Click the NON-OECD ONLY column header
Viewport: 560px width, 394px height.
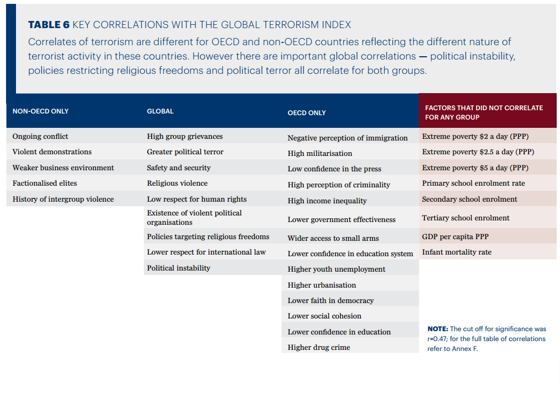click(x=41, y=111)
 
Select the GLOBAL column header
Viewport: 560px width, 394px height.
click(x=160, y=111)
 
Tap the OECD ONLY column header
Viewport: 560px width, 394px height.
click(x=307, y=113)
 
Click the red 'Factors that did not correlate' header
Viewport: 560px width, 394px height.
click(x=484, y=112)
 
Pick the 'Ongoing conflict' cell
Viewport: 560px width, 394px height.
click(x=41, y=136)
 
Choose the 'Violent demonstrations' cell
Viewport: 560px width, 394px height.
click(x=52, y=152)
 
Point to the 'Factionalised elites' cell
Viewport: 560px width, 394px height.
click(x=45, y=183)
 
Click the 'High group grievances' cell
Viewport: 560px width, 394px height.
click(x=185, y=136)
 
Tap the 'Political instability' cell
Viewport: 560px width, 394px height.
click(x=178, y=268)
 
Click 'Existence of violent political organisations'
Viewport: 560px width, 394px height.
click(x=194, y=218)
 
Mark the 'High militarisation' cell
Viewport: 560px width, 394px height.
click(x=319, y=153)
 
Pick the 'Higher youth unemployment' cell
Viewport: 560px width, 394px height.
click(x=337, y=269)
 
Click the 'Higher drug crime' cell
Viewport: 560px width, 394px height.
click(x=319, y=347)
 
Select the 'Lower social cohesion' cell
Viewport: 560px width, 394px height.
click(x=324, y=316)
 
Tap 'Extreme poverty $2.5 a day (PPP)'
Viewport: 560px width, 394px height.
click(x=478, y=152)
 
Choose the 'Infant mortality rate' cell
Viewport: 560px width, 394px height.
click(x=456, y=252)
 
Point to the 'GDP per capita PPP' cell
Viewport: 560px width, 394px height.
click(x=455, y=236)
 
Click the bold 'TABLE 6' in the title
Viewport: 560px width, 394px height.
click(x=49, y=25)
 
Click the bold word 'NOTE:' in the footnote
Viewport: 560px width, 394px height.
click(x=438, y=329)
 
